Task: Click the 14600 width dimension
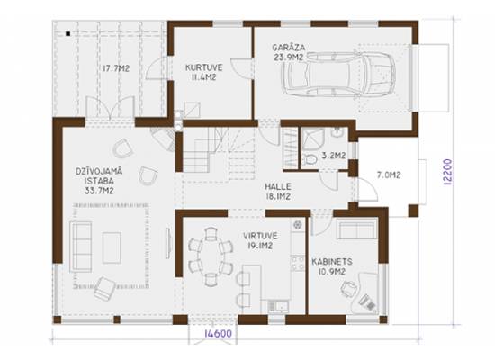[x=218, y=334]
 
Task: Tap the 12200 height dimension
[x=448, y=172]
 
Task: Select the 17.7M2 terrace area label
[x=116, y=68]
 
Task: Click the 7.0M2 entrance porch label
[x=389, y=175]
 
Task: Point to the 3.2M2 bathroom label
[x=333, y=156]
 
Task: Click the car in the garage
[x=339, y=74]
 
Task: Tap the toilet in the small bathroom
[x=310, y=158]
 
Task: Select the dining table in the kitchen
[x=211, y=256]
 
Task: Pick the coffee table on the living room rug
[x=112, y=247]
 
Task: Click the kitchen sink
[x=278, y=306]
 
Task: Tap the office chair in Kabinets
[x=350, y=289]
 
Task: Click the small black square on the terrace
[x=67, y=33]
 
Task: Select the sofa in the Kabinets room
[x=356, y=229]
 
